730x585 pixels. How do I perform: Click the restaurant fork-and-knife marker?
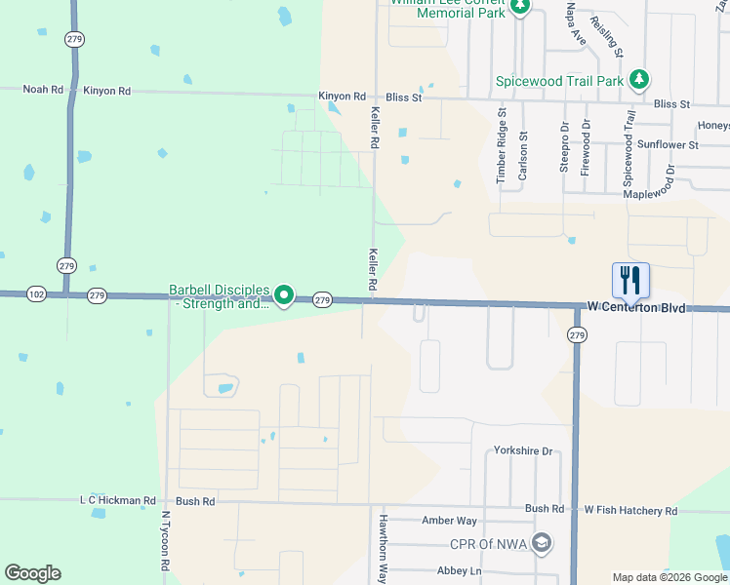pos(630,281)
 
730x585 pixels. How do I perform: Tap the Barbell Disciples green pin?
pos(284,293)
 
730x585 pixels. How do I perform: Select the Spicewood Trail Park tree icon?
pos(638,80)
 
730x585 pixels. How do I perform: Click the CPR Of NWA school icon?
pos(542,542)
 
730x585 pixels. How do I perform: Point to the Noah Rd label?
pos(44,90)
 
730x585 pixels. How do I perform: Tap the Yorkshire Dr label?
pos(523,451)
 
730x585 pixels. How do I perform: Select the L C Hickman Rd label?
pos(117,501)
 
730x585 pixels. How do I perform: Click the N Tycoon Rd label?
pos(166,541)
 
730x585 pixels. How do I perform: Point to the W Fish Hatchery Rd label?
pos(630,510)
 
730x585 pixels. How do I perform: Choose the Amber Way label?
pos(449,522)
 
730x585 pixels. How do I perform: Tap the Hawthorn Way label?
pos(384,549)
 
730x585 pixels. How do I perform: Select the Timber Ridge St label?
pos(502,146)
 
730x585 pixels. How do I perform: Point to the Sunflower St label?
pos(667,145)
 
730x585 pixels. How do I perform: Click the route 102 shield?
pos(36,293)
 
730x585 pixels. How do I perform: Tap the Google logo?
pos(32,573)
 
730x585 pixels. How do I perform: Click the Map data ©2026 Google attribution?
pos(669,577)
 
